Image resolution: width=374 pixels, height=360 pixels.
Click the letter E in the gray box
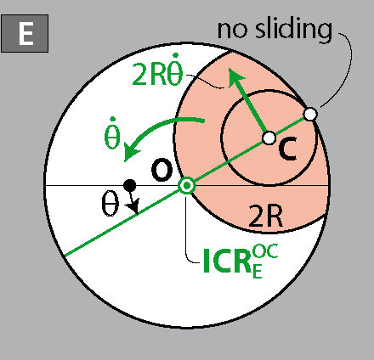tap(25, 33)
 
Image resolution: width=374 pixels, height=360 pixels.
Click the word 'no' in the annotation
tap(232, 30)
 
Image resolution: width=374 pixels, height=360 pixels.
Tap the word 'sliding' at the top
tap(293, 29)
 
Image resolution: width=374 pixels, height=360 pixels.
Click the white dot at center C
tap(269, 138)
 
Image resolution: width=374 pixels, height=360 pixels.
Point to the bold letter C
tap(287, 149)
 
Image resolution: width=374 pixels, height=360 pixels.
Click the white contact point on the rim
tap(310, 114)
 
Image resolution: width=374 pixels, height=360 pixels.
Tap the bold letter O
tap(161, 171)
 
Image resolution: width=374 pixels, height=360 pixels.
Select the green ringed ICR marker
tap(187, 186)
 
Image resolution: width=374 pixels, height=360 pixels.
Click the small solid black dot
tap(130, 186)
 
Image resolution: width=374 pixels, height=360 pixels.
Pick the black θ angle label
tap(110, 204)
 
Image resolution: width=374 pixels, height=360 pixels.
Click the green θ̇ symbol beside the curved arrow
tap(112, 133)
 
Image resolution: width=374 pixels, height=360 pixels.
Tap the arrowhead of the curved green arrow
tap(131, 152)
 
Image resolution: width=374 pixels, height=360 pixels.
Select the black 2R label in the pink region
tap(265, 217)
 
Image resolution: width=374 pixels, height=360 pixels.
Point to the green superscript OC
tap(265, 251)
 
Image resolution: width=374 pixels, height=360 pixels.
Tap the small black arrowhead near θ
tap(133, 206)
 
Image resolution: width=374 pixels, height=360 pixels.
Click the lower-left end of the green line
tap(65, 256)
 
